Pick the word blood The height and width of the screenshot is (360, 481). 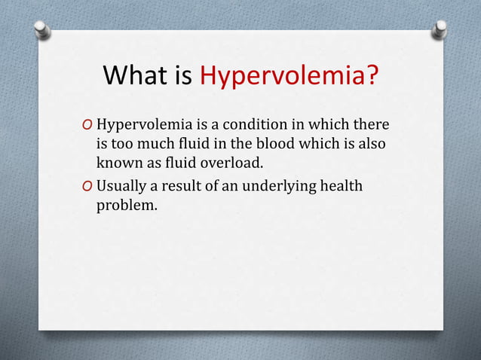click(272, 143)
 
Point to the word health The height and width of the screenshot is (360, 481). click(341, 185)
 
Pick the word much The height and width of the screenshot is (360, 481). click(152, 143)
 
